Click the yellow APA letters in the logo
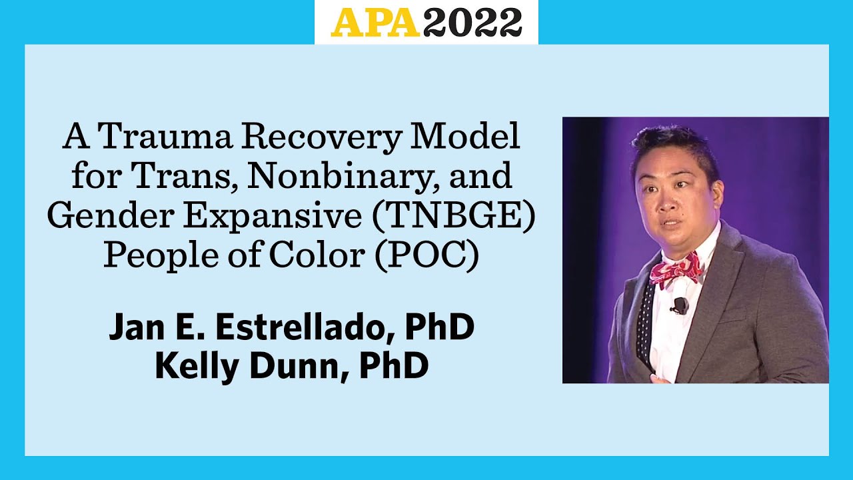377,22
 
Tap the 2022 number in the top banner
472,22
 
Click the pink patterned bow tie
674,268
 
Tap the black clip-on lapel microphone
679,306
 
